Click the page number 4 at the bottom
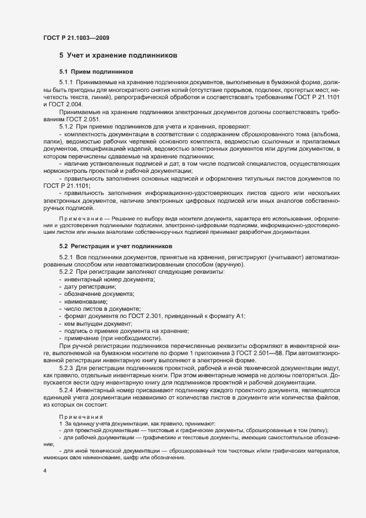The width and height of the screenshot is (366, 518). click(45, 471)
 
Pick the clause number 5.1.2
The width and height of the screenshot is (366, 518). click(67, 127)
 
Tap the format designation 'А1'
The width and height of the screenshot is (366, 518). click(240, 315)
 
